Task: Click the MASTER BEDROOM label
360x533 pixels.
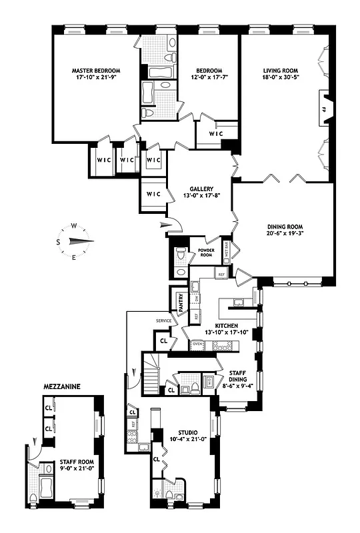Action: pyautogui.click(x=97, y=70)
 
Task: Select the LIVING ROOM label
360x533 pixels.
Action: pyautogui.click(x=280, y=70)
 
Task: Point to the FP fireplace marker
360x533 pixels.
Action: pyautogui.click(x=325, y=109)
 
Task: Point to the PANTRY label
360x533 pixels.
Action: pyautogui.click(x=179, y=302)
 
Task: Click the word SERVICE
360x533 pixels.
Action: pyautogui.click(x=164, y=320)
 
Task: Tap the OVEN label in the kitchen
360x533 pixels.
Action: pyautogui.click(x=197, y=344)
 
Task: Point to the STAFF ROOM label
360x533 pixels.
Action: pyautogui.click(x=77, y=461)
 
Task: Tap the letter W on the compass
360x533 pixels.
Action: pyautogui.click(x=74, y=225)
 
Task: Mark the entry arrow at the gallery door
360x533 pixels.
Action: pyautogui.click(x=166, y=227)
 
